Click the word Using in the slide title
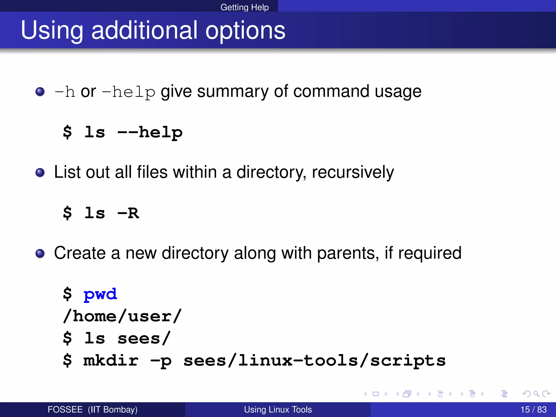pyautogui.click(x=52, y=30)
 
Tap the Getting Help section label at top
pyautogui.click(x=244, y=7)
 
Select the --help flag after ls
pyautogui.click(x=150, y=132)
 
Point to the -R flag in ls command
pyautogui.click(x=128, y=213)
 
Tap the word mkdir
pyautogui.click(x=111, y=361)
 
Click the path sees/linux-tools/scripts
pyautogui.click(x=314, y=361)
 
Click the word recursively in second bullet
pyautogui.click(x=353, y=172)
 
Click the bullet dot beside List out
pyautogui.click(x=40, y=172)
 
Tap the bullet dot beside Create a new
pyautogui.click(x=40, y=253)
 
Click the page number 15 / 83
pyautogui.click(x=533, y=409)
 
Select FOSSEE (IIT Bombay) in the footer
pyautogui.click(x=92, y=409)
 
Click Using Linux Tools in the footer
pyautogui.click(x=278, y=409)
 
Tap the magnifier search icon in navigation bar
pyautogui.click(x=536, y=394)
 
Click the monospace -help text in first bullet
pyautogui.click(x=128, y=92)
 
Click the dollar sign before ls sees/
pyautogui.click(x=67, y=339)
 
